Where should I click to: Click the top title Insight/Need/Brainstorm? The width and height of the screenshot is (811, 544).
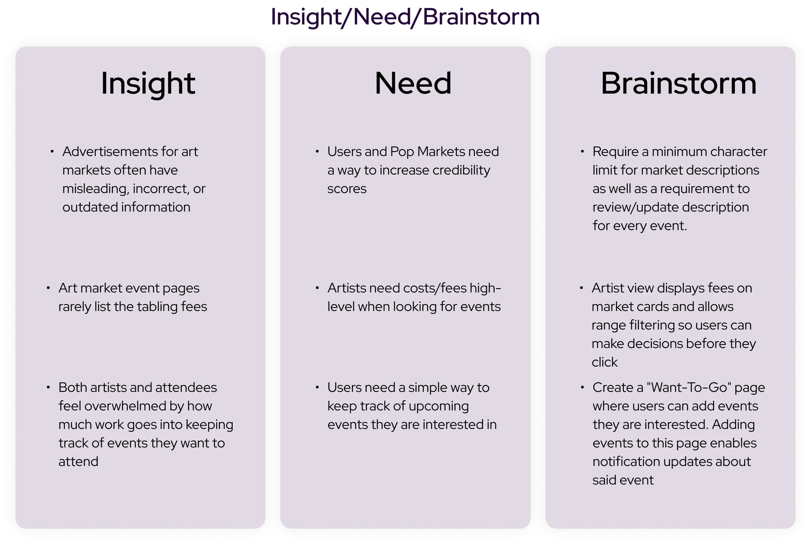[405, 17]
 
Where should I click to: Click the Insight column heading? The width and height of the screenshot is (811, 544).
[148, 83]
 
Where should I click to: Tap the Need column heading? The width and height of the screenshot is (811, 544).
[413, 83]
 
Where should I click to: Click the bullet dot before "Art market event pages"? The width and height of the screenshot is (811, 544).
[48, 288]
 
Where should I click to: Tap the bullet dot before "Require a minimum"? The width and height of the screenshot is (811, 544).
[582, 151]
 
